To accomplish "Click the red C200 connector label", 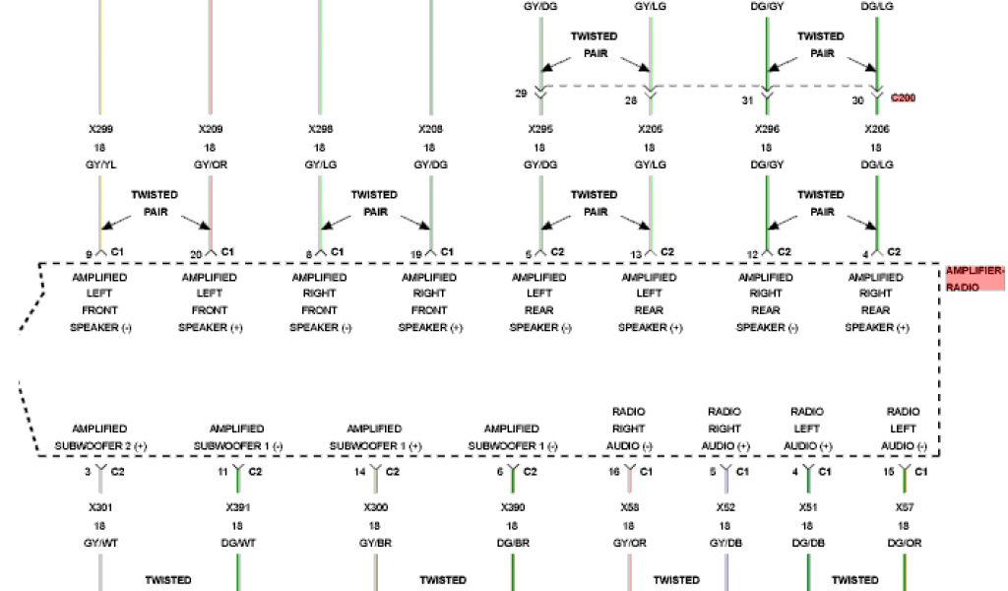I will click(903, 98).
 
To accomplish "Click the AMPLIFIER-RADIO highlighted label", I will click(975, 279).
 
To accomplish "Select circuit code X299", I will click(99, 129).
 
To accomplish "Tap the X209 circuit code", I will click(210, 129).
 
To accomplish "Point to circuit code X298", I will click(320, 129).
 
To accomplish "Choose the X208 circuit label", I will click(430, 129).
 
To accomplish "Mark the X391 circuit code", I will click(237, 506).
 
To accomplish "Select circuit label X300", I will click(374, 506).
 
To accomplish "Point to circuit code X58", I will click(629, 506).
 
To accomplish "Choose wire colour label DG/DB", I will click(807, 543).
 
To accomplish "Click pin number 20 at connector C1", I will click(196, 255).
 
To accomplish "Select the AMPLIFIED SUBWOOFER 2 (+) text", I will click(99, 437).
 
